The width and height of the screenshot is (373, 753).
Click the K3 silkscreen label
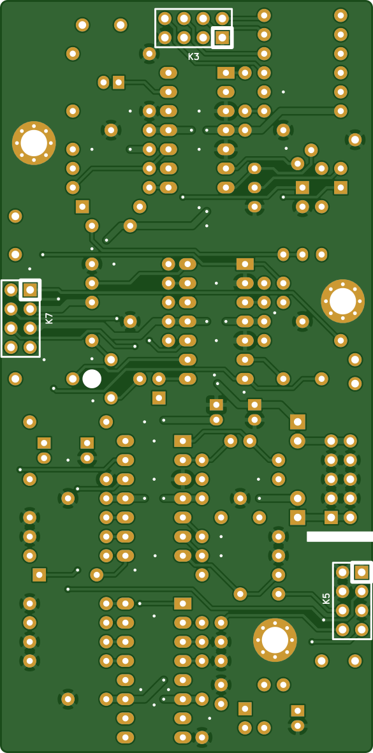(193, 57)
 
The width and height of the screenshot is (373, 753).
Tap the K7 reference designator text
(49, 318)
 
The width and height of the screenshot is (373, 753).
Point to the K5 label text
(326, 598)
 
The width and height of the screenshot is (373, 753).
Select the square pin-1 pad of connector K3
(223, 38)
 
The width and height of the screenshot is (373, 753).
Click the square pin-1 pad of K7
(30, 289)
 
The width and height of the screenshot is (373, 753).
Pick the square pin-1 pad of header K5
(362, 572)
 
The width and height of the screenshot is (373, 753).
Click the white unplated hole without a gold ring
(92, 379)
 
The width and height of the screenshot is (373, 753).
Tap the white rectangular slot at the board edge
(340, 536)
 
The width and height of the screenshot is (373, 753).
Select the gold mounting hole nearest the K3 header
(34, 143)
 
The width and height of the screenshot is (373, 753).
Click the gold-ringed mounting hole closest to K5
(275, 640)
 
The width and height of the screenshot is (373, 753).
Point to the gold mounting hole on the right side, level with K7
(343, 301)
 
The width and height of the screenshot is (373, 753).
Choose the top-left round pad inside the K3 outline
(165, 18)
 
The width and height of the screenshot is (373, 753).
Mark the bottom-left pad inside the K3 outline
(165, 38)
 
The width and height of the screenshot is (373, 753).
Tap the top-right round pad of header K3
(223, 18)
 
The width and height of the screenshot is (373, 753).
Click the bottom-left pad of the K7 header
(11, 347)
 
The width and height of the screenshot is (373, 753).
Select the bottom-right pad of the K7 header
(30, 347)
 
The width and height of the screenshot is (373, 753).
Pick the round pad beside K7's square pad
(11, 289)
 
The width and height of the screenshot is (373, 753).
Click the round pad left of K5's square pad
(342, 572)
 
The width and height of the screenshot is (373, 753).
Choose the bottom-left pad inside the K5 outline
(342, 629)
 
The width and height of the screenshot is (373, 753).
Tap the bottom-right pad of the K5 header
(362, 629)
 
